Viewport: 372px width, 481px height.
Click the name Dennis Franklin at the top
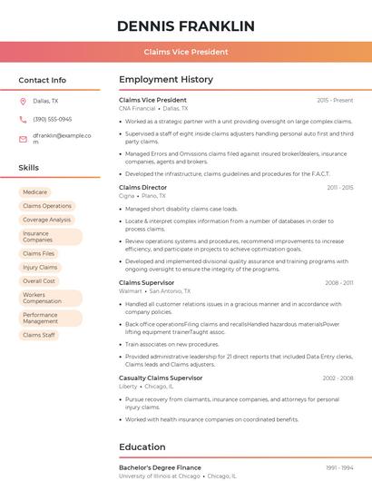(x=186, y=25)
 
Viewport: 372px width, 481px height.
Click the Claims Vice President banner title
(x=186, y=52)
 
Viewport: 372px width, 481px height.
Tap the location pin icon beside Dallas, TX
(x=23, y=101)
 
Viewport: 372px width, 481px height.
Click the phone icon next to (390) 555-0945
(x=23, y=119)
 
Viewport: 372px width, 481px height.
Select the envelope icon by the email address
(x=23, y=139)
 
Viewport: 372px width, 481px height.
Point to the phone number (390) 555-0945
(x=52, y=119)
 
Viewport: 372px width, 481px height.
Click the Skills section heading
(x=29, y=168)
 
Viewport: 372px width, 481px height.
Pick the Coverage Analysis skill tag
(x=46, y=220)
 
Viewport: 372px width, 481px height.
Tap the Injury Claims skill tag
(x=40, y=268)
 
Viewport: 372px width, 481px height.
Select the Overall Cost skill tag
(x=39, y=281)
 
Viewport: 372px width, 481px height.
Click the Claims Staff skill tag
(x=39, y=335)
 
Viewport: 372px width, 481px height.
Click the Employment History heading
(x=166, y=80)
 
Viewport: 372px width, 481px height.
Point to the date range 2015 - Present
(x=335, y=100)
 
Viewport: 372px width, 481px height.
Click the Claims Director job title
(x=143, y=188)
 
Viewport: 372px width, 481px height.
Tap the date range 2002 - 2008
(x=338, y=378)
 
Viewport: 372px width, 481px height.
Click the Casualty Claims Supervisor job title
(x=161, y=378)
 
